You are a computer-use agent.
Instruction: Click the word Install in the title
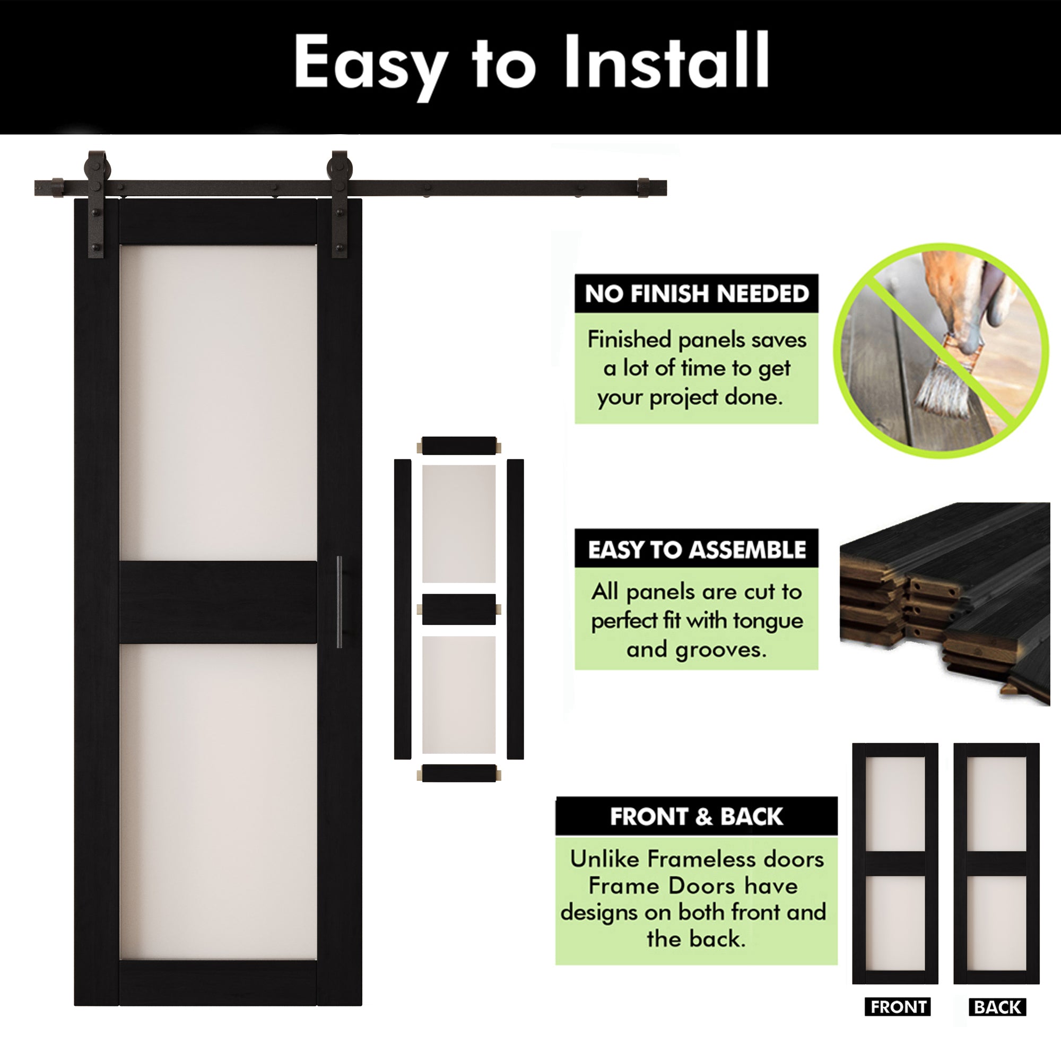pos(666,62)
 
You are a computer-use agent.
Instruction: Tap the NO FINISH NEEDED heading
pos(697,294)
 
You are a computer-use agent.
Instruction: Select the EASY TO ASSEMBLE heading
pos(697,549)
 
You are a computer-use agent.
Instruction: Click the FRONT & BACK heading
pos(697,816)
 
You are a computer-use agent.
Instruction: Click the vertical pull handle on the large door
pos(339,602)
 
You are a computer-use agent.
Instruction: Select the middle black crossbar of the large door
pos(218,602)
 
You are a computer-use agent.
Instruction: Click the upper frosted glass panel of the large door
pos(218,401)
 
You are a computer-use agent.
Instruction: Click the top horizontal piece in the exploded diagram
pos(458,446)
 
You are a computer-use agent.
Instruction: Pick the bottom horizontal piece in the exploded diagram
pos(458,773)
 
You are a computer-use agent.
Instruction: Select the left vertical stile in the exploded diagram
pos(402,609)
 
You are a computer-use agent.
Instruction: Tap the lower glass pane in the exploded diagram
pos(458,695)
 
